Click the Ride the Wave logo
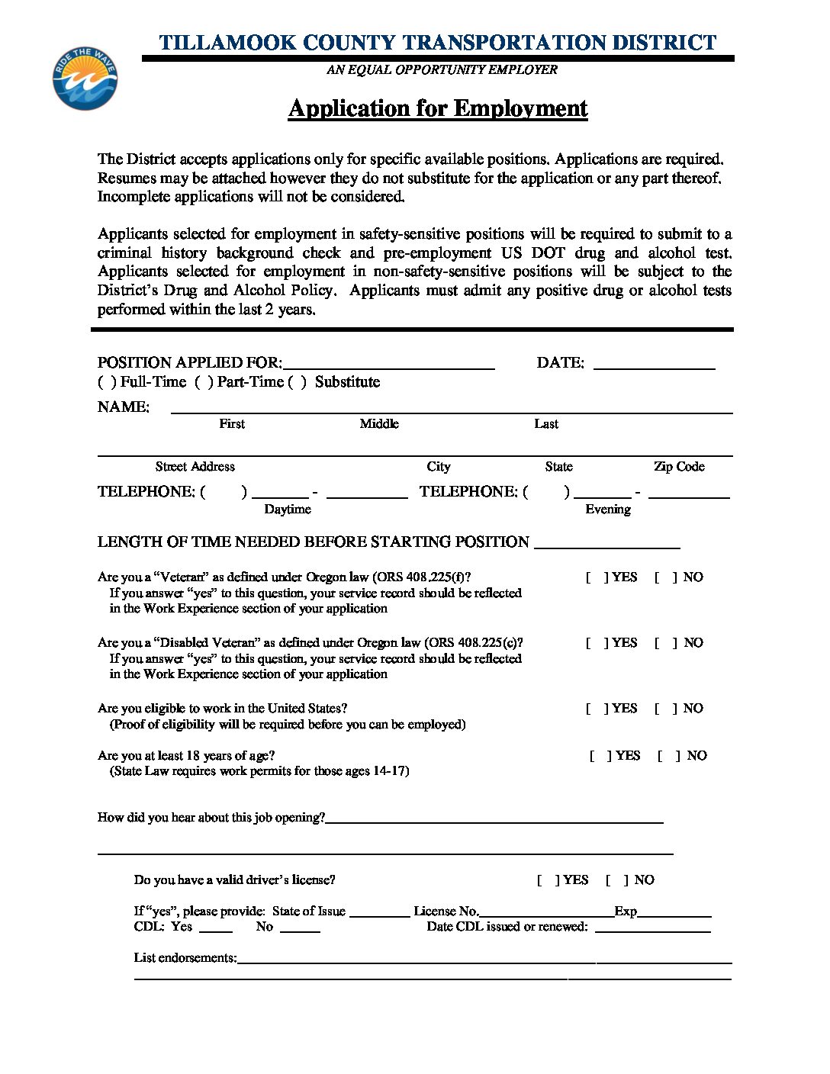click(85, 78)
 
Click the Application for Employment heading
click(438, 108)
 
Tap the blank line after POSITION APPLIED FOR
click(388, 365)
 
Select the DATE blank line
click(654, 365)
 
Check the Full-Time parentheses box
click(107, 382)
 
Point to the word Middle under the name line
click(379, 424)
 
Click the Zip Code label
click(679, 467)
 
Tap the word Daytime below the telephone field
click(288, 510)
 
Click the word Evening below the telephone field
click(608, 510)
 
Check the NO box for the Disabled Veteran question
click(664, 643)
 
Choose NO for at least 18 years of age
click(668, 756)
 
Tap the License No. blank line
click(546, 912)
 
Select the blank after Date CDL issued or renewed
click(652, 928)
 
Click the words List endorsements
click(185, 958)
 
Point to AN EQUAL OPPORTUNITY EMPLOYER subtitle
click(442, 70)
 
